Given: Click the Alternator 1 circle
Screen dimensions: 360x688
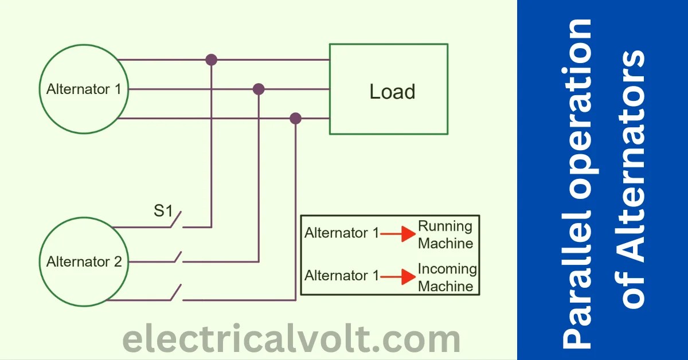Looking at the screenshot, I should (84, 89).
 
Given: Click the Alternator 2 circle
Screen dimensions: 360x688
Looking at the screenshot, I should (84, 262).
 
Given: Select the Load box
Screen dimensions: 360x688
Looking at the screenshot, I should (388, 89).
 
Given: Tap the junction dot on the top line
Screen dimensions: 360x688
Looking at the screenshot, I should (212, 59).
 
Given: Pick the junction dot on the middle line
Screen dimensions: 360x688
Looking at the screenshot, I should (259, 89).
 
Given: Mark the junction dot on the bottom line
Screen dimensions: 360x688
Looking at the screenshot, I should (295, 119).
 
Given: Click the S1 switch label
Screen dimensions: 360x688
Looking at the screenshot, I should (163, 211).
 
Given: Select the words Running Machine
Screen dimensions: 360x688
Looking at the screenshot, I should (445, 234).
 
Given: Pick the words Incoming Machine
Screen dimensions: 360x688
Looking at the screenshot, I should (447, 277).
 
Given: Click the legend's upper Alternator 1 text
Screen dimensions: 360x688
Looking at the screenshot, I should (342, 234).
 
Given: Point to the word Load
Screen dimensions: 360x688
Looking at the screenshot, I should (392, 92).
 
